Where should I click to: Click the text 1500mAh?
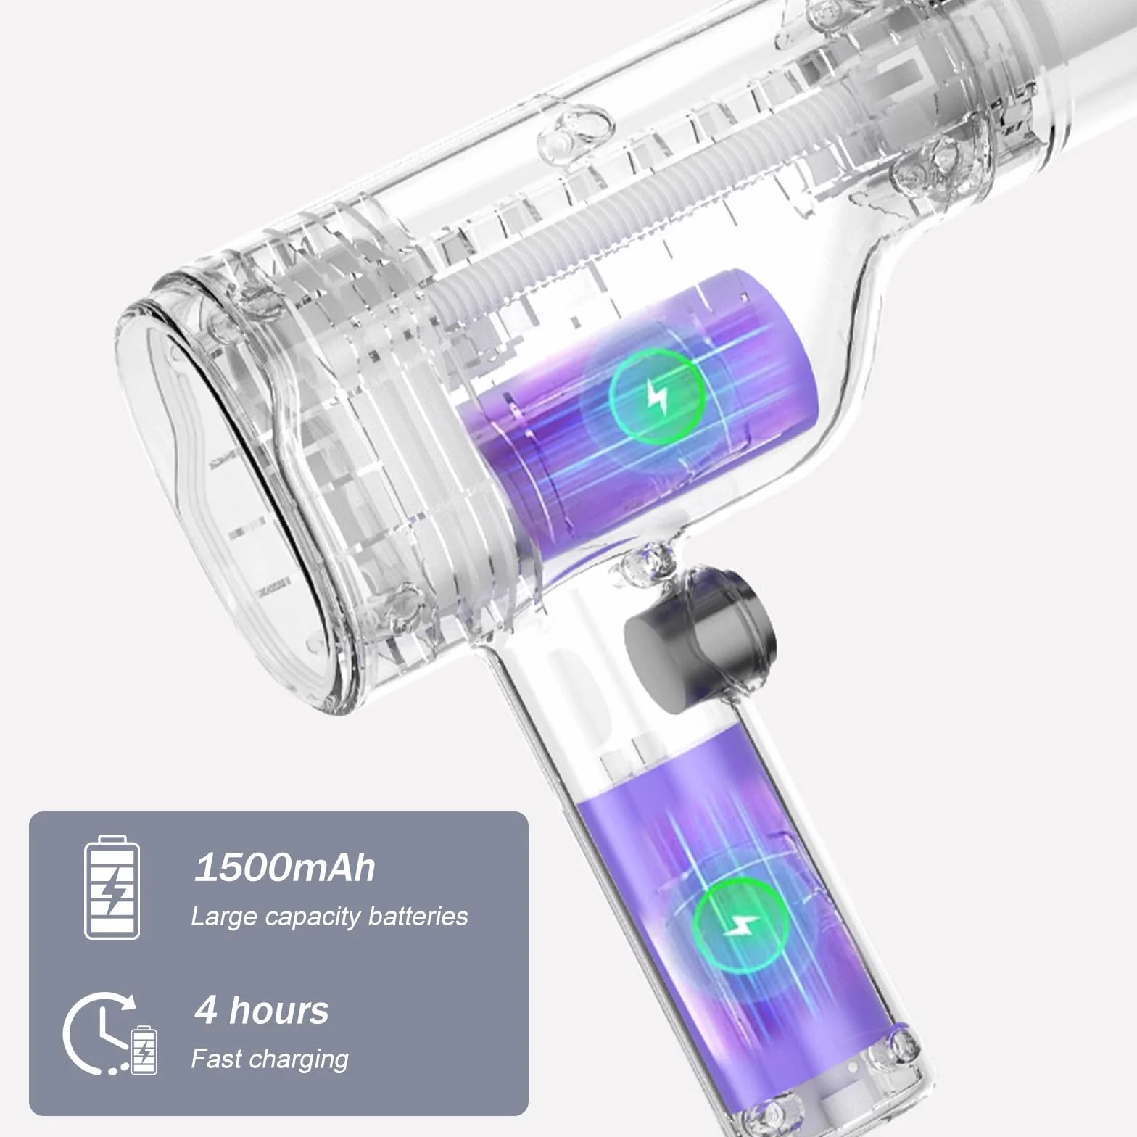(285, 867)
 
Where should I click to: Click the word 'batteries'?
(418, 916)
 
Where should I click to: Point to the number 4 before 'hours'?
(206, 1010)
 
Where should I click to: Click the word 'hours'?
(279, 1010)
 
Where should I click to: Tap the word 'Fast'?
(215, 1059)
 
